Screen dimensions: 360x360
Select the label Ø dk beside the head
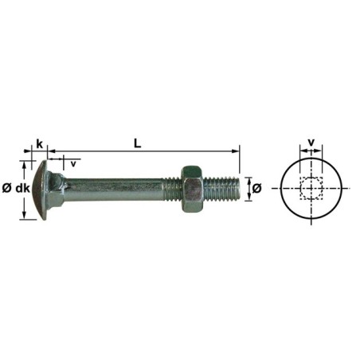pos(16,189)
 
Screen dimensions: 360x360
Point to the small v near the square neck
pos(73,163)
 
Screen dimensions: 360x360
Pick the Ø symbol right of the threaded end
pos(256,189)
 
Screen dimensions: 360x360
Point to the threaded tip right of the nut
pos(222,189)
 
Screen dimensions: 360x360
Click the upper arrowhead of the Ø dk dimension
pos(32,163)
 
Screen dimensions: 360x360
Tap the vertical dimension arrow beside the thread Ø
pos(247,189)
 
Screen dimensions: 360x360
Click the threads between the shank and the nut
pos(173,189)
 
